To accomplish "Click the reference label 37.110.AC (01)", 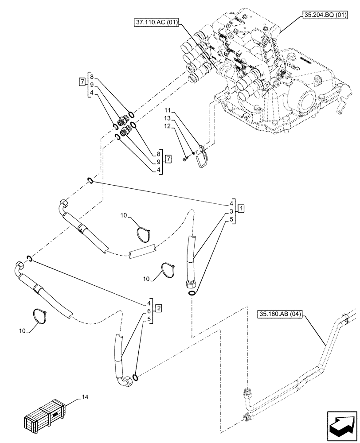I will (155, 21).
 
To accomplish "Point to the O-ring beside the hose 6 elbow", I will (137, 377).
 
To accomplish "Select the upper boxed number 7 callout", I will (82, 82).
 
